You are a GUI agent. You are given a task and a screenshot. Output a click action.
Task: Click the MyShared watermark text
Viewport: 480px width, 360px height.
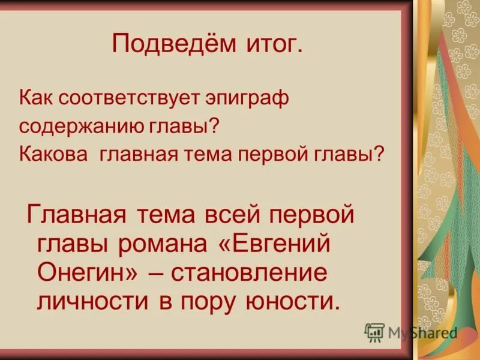[x=422, y=332]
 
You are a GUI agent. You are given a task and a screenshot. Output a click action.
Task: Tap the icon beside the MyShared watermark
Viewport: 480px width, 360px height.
[x=374, y=332]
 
